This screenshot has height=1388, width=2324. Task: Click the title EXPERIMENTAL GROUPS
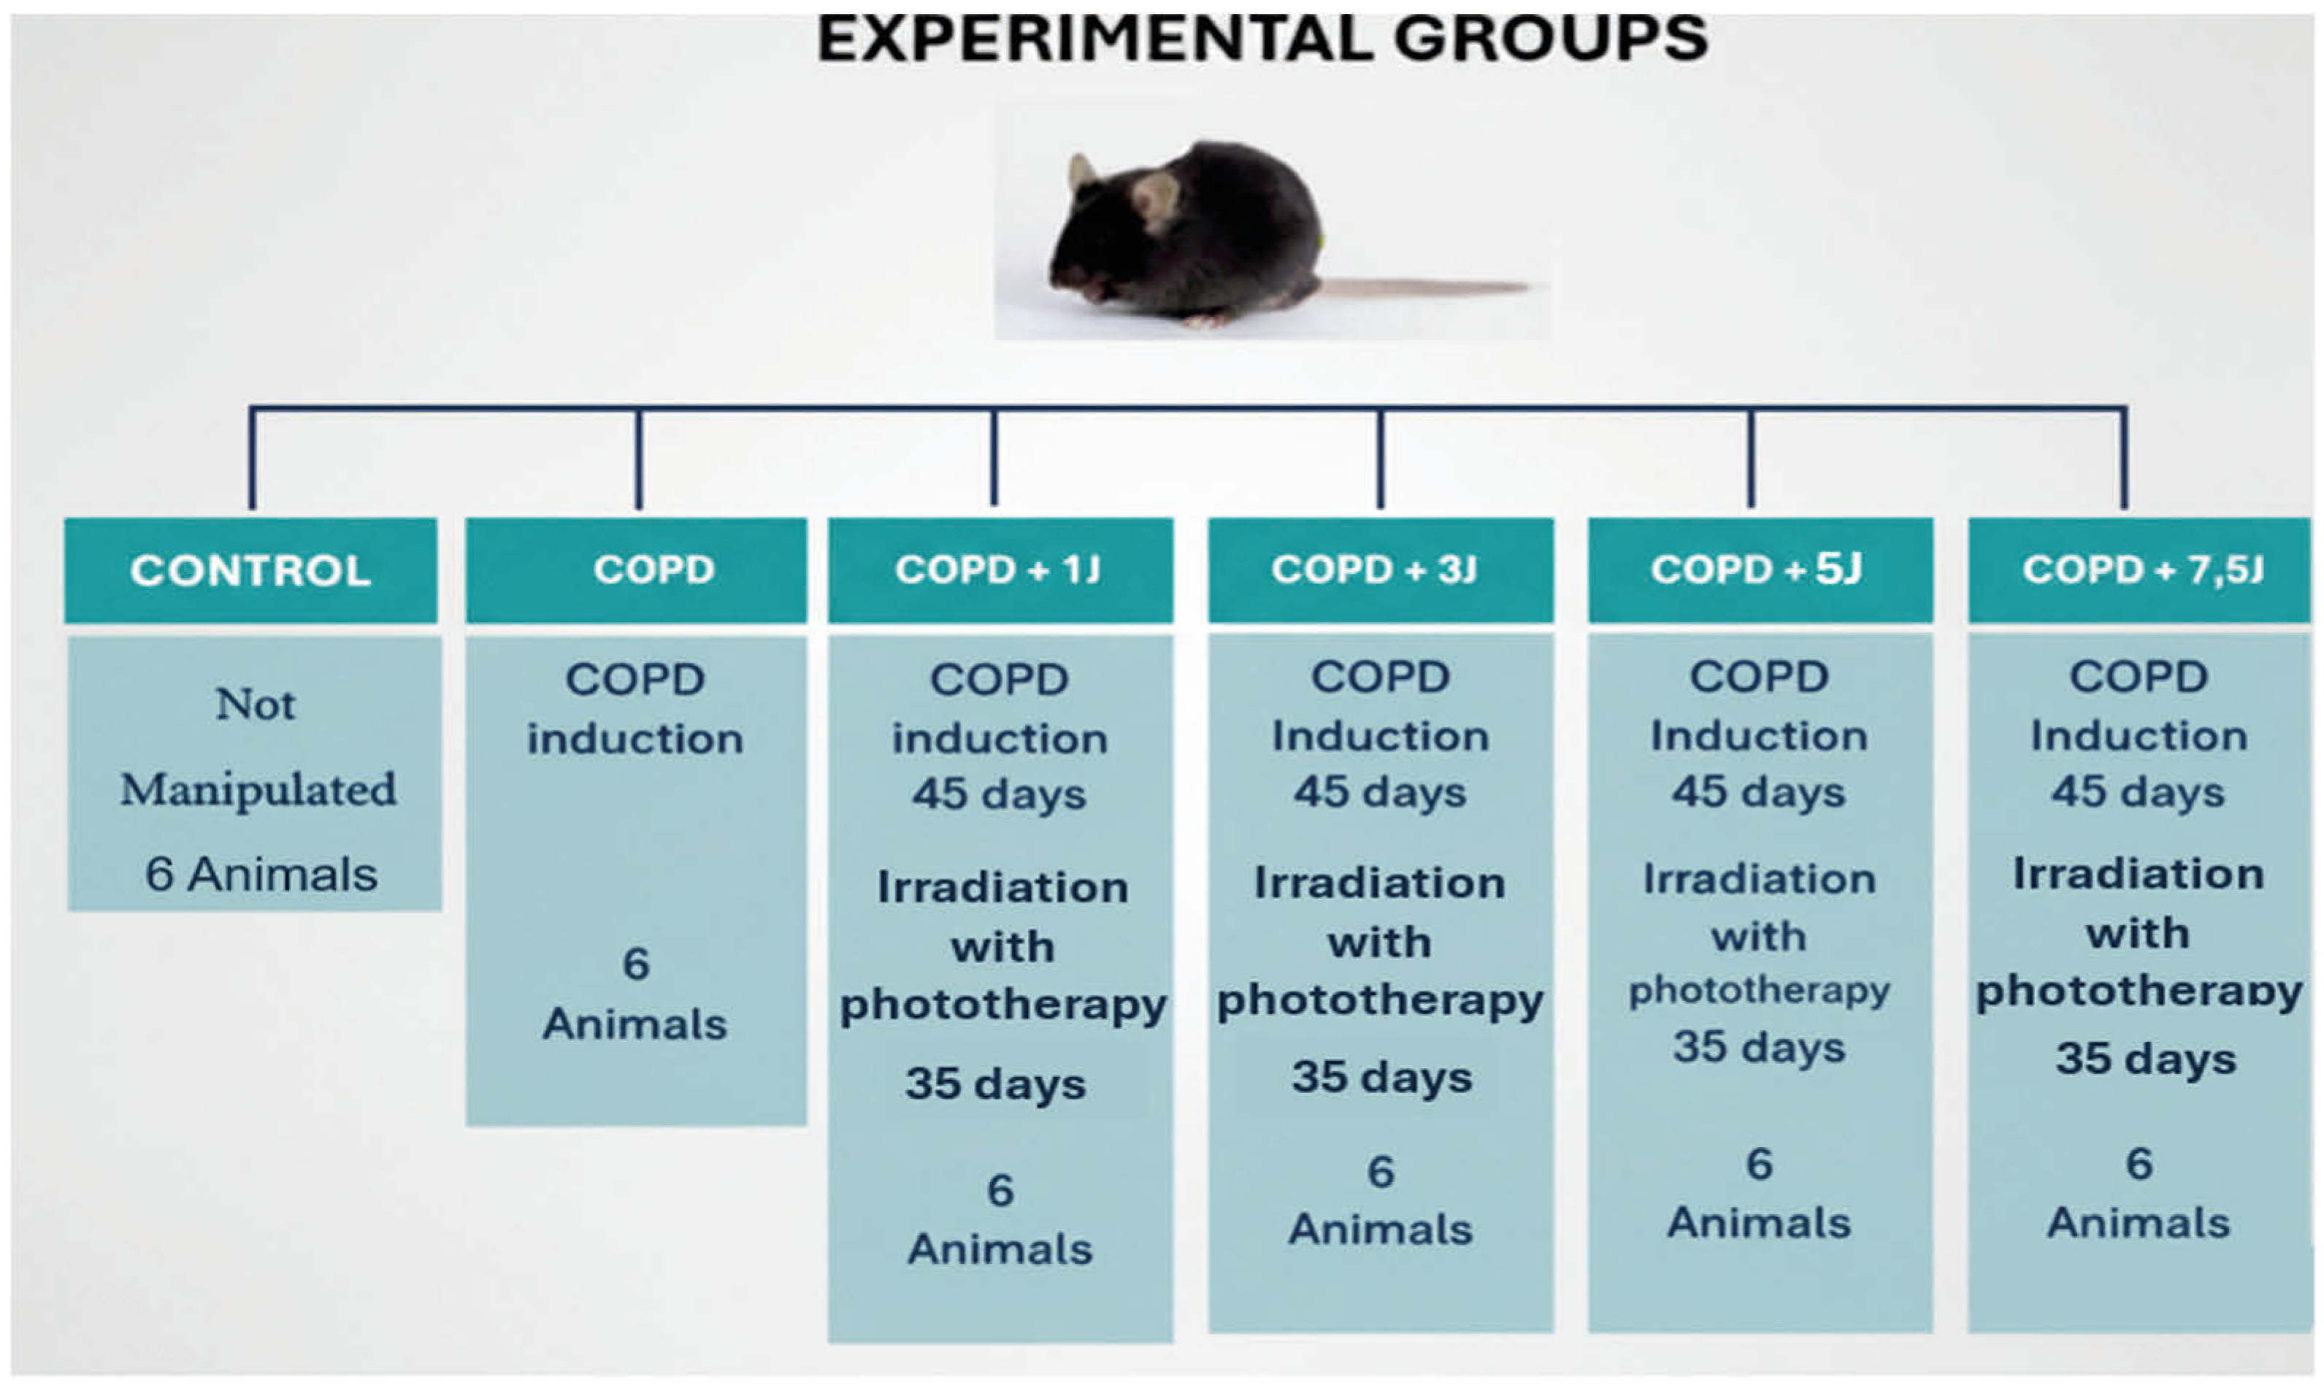coord(1262,39)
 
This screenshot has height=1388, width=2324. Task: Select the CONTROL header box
coord(250,570)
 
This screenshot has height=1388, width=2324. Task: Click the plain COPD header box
coord(636,570)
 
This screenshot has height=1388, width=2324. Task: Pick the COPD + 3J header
coord(1381,570)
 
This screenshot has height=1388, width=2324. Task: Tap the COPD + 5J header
coord(1760,570)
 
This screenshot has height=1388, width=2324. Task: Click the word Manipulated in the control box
coord(258,790)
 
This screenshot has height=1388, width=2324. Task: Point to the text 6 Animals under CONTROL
coord(261,875)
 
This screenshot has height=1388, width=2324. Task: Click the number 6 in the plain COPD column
coord(636,963)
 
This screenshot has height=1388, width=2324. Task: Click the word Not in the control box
coord(256,705)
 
